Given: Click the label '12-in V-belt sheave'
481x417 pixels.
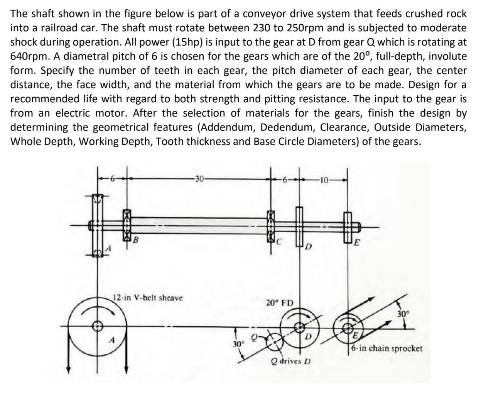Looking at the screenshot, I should click(148, 298).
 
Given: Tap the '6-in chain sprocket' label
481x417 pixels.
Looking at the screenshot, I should click(387, 348).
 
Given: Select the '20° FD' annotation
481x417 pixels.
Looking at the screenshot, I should click(280, 302).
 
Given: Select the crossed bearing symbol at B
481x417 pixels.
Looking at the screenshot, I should click(127, 225).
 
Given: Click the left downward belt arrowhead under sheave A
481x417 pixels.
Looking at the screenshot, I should click(69, 370).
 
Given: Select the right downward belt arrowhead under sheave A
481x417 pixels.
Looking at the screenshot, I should click(126, 370).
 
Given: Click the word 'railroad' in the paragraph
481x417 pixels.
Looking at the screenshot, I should click(51, 28).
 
